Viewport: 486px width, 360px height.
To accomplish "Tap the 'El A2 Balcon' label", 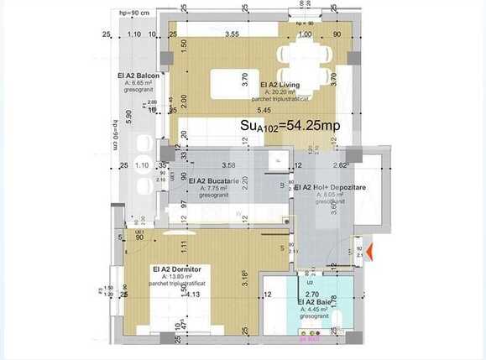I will [138, 76].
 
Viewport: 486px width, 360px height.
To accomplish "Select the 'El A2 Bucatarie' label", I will [214, 180].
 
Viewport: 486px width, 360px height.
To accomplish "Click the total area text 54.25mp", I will [290, 125].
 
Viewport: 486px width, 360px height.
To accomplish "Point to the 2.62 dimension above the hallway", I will [340, 165].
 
